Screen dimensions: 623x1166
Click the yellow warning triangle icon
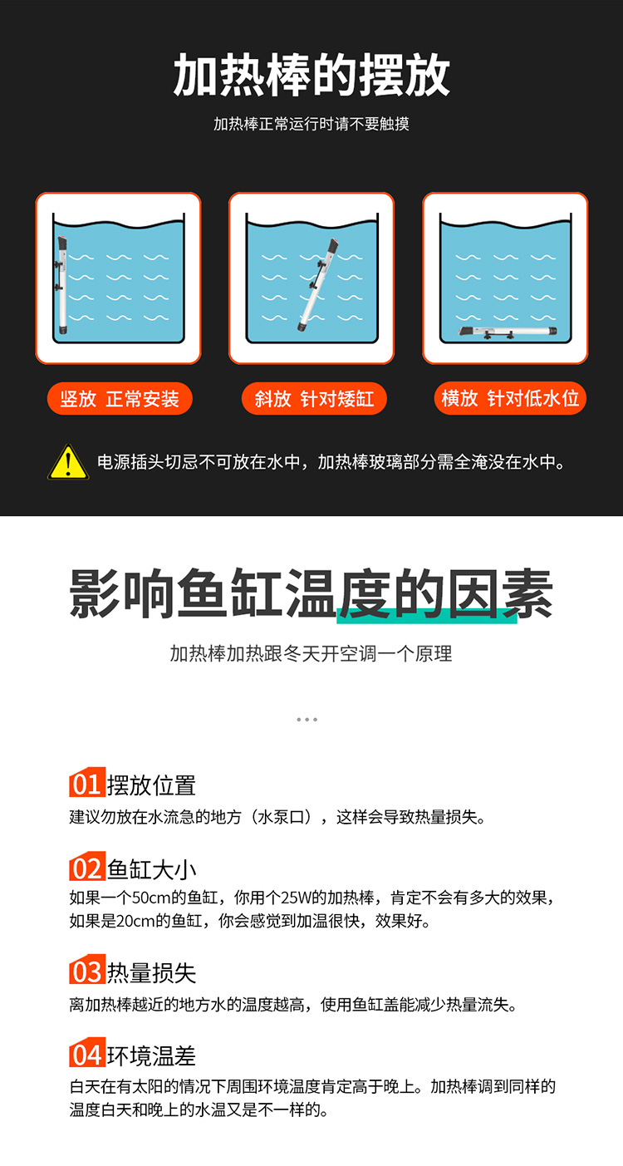click(68, 462)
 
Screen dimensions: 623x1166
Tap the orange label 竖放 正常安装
click(120, 399)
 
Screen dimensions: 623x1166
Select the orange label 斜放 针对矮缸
click(314, 399)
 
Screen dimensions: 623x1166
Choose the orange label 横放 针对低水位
click(510, 398)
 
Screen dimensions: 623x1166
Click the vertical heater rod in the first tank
click(62, 285)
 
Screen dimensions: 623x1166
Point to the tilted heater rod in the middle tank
click(317, 285)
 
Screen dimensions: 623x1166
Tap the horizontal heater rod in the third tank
click(508, 331)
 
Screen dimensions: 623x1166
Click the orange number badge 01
click(87, 782)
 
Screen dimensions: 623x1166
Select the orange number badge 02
click(87, 866)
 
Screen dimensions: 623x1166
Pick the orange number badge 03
click(87, 969)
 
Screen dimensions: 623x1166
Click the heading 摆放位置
click(151, 785)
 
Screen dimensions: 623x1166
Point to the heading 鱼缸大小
click(151, 869)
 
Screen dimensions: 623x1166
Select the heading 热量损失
click(151, 972)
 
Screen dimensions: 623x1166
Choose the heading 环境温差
click(151, 1055)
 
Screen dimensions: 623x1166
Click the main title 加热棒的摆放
click(311, 75)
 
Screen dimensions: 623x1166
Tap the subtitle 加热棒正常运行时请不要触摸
click(311, 124)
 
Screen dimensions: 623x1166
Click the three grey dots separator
click(307, 720)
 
